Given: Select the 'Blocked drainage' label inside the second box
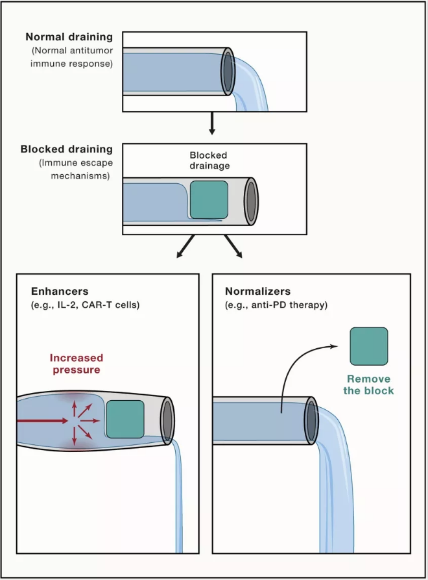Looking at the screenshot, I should point(209,160).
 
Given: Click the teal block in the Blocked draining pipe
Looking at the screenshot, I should point(209,199).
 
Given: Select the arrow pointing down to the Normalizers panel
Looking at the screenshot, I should point(233,247).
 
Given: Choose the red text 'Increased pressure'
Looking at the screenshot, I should point(77,364).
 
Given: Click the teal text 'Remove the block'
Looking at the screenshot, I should point(370,385).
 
